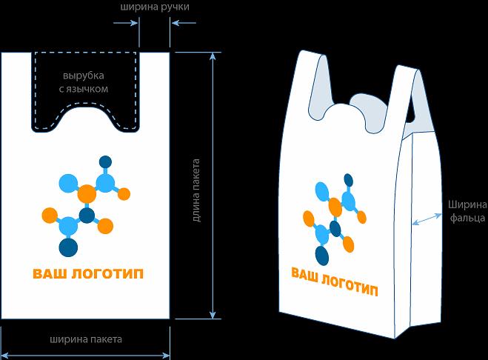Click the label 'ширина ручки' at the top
point(154,7)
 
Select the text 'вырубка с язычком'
point(83,82)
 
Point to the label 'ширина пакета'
point(86,340)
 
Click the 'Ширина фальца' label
point(467,211)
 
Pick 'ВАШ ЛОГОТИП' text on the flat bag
point(88,273)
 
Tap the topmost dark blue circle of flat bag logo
point(105,161)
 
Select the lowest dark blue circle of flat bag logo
point(69,247)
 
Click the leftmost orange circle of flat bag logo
point(50,216)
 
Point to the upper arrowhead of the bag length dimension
point(213,58)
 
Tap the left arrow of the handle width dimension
point(133,23)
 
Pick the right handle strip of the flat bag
point(155,89)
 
